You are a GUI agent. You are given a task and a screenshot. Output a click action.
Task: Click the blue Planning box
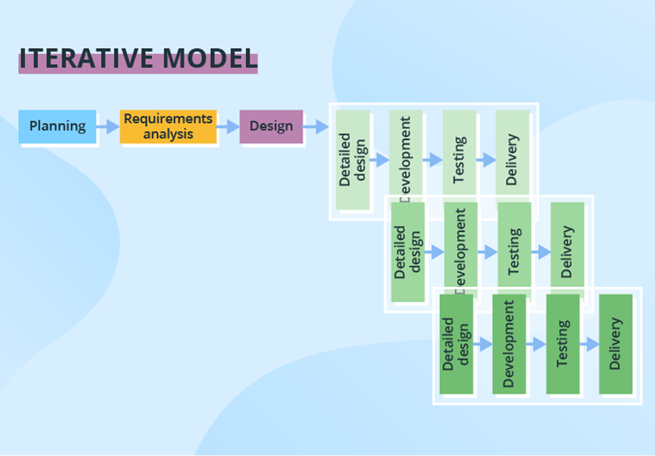pos(57,126)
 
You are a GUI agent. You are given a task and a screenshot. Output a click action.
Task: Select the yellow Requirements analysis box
pos(168,126)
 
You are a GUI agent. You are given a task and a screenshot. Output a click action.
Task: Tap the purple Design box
pos(271,126)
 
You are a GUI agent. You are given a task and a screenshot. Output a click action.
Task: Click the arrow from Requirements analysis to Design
pos(228,126)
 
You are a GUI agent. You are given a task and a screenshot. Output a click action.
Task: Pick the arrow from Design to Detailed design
pos(316,126)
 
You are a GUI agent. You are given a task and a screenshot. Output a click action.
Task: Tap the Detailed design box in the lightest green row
pos(352,161)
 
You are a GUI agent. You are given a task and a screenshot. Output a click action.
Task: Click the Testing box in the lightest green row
pos(459,161)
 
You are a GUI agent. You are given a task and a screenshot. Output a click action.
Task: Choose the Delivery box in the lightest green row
pos(512,161)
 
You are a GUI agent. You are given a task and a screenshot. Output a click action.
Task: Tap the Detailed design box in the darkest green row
pos(456,344)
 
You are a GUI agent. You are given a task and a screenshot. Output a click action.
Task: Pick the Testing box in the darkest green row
pos(562,344)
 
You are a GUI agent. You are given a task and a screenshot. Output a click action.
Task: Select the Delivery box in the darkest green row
pos(615,344)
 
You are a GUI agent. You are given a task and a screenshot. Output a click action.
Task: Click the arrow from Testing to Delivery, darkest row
pos(589,344)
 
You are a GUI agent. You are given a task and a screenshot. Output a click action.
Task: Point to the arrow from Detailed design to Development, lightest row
pos(379,161)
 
